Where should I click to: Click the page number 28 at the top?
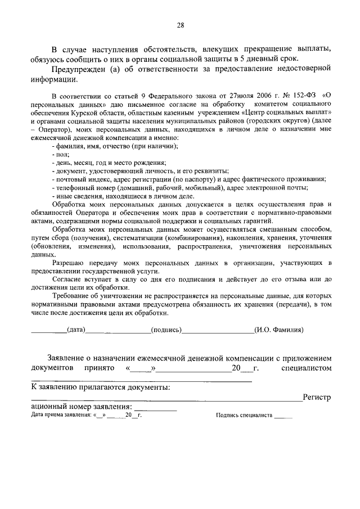coord(180,25)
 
